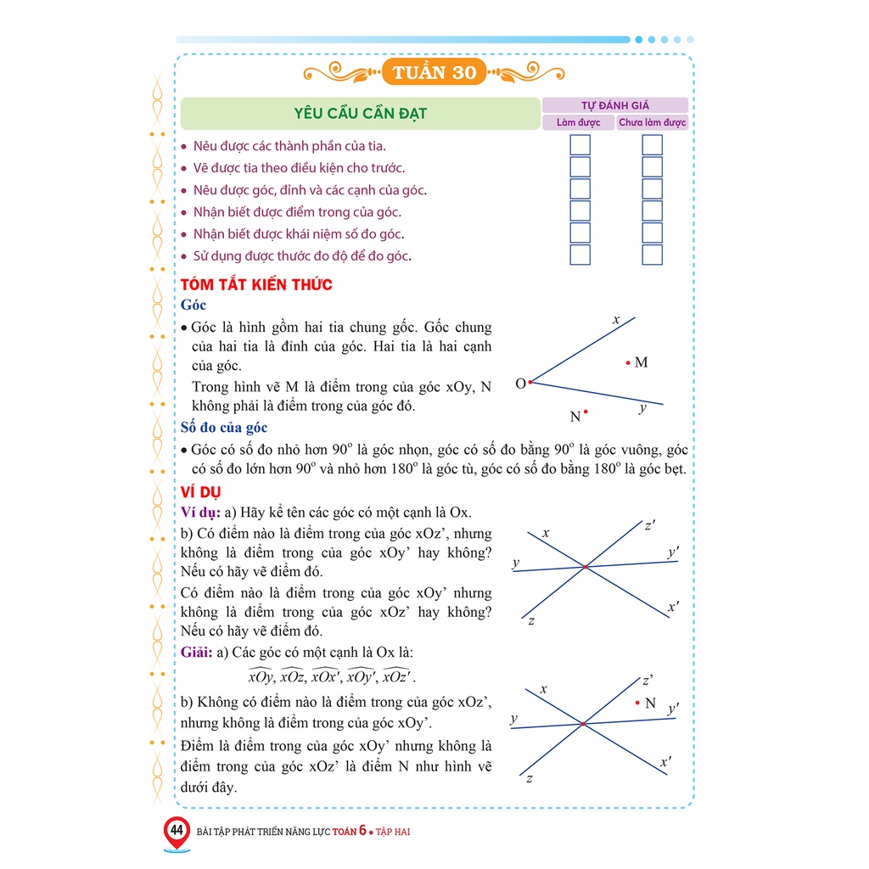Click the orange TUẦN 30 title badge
(434, 72)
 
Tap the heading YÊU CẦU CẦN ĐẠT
(360, 113)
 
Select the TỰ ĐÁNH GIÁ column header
(614, 105)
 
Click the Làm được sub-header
(578, 122)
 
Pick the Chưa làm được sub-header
(652, 122)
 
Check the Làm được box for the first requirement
(580, 145)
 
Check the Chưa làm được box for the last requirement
(652, 255)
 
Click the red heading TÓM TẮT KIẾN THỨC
(256, 284)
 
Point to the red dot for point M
(628, 362)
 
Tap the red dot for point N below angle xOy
(586, 412)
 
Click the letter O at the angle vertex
(520, 384)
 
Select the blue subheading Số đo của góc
(224, 428)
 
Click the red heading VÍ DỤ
(200, 492)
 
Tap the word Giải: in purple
(199, 653)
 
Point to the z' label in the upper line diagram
(649, 526)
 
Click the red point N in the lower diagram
(637, 703)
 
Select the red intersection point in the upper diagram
(585, 566)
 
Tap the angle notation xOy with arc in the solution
(261, 677)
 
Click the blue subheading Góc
(193, 306)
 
